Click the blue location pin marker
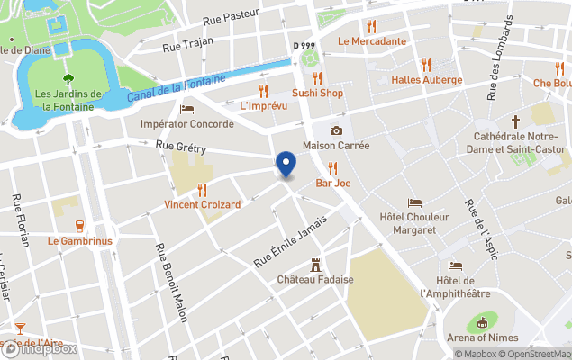[286, 165]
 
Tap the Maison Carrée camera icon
[336, 131]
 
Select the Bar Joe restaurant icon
[332, 167]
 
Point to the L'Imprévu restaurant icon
[263, 91]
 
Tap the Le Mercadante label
[371, 41]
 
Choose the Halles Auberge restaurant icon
[426, 65]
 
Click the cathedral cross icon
[516, 121]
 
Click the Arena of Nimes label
[483, 337]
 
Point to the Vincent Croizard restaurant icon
[202, 190]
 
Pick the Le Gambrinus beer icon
[78, 226]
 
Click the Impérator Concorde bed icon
[186, 109]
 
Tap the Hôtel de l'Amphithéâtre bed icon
[455, 265]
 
